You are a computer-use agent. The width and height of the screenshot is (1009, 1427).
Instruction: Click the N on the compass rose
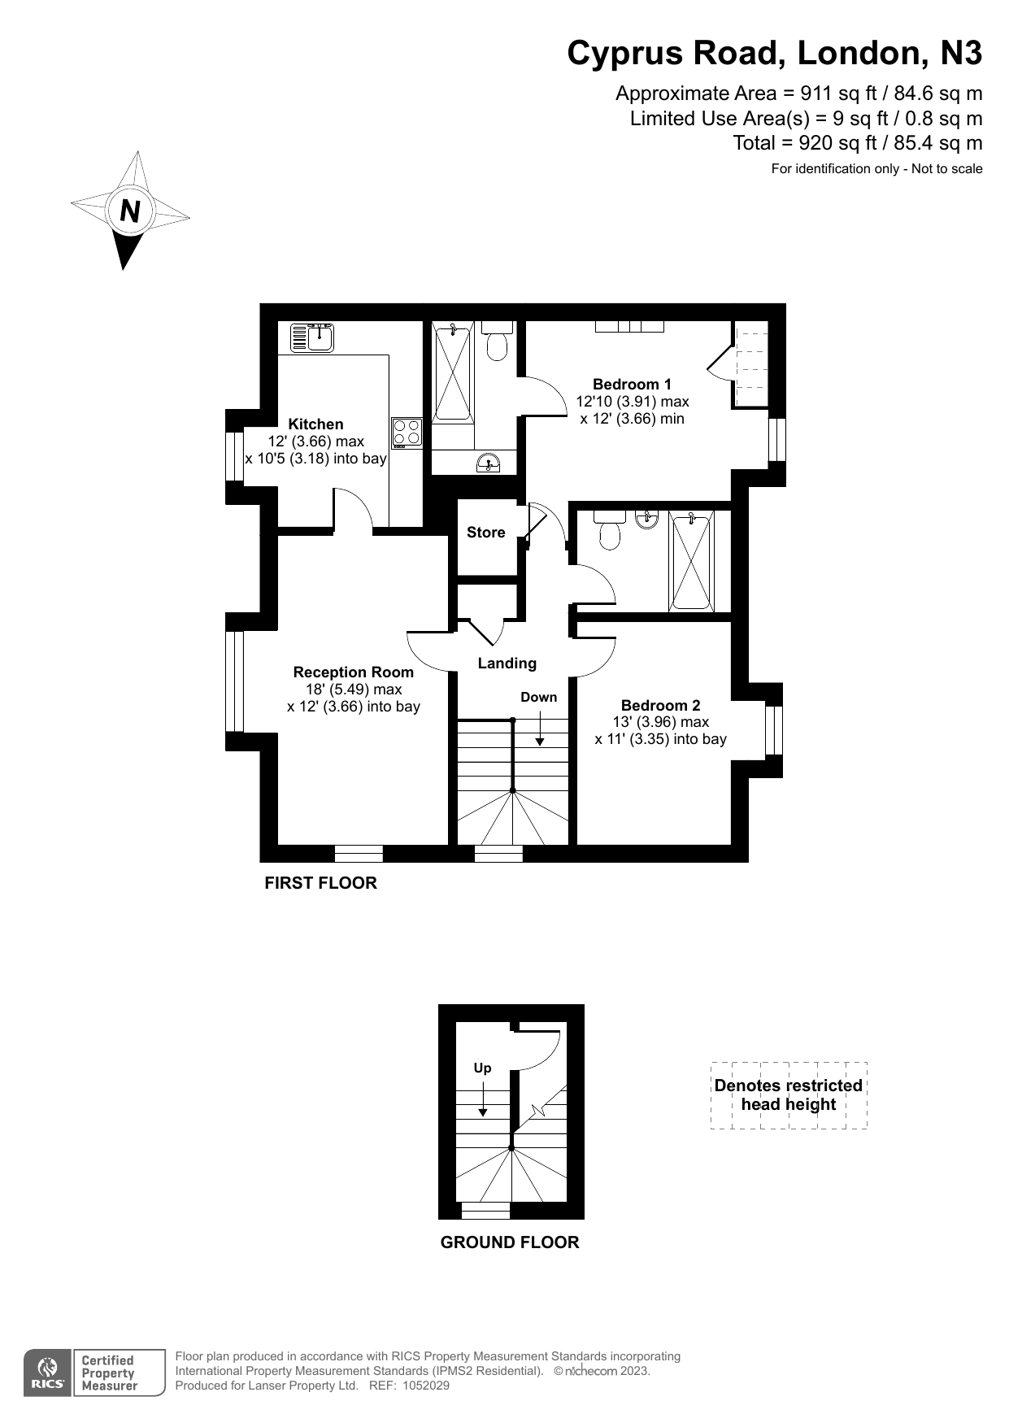pyautogui.click(x=130, y=211)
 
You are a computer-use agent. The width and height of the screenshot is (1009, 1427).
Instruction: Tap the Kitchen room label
pyautogui.click(x=315, y=424)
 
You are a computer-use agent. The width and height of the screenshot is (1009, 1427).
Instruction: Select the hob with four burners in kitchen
pyautogui.click(x=407, y=433)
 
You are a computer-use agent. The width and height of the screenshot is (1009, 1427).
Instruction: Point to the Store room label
pyautogui.click(x=485, y=532)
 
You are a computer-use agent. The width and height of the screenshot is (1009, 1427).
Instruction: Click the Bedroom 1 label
pyautogui.click(x=632, y=384)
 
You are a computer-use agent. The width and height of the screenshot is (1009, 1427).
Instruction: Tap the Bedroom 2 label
pyautogui.click(x=660, y=705)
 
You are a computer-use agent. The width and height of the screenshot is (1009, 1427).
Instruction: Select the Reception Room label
pyautogui.click(x=353, y=672)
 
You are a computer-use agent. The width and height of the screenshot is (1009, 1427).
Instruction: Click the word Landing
pyautogui.click(x=507, y=663)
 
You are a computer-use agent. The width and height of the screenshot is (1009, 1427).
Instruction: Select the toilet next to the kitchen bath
pyautogui.click(x=497, y=341)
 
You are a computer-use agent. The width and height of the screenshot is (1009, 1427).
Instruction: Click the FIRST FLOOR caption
pyautogui.click(x=320, y=883)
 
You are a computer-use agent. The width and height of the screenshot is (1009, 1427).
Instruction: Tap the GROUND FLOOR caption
pyautogui.click(x=510, y=1242)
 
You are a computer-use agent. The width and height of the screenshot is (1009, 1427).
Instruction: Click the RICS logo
pyautogui.click(x=48, y=1373)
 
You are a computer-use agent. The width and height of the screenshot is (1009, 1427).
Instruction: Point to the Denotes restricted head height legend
pyautogui.click(x=788, y=1094)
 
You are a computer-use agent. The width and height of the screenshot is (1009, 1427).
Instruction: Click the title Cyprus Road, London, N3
pyautogui.click(x=775, y=53)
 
